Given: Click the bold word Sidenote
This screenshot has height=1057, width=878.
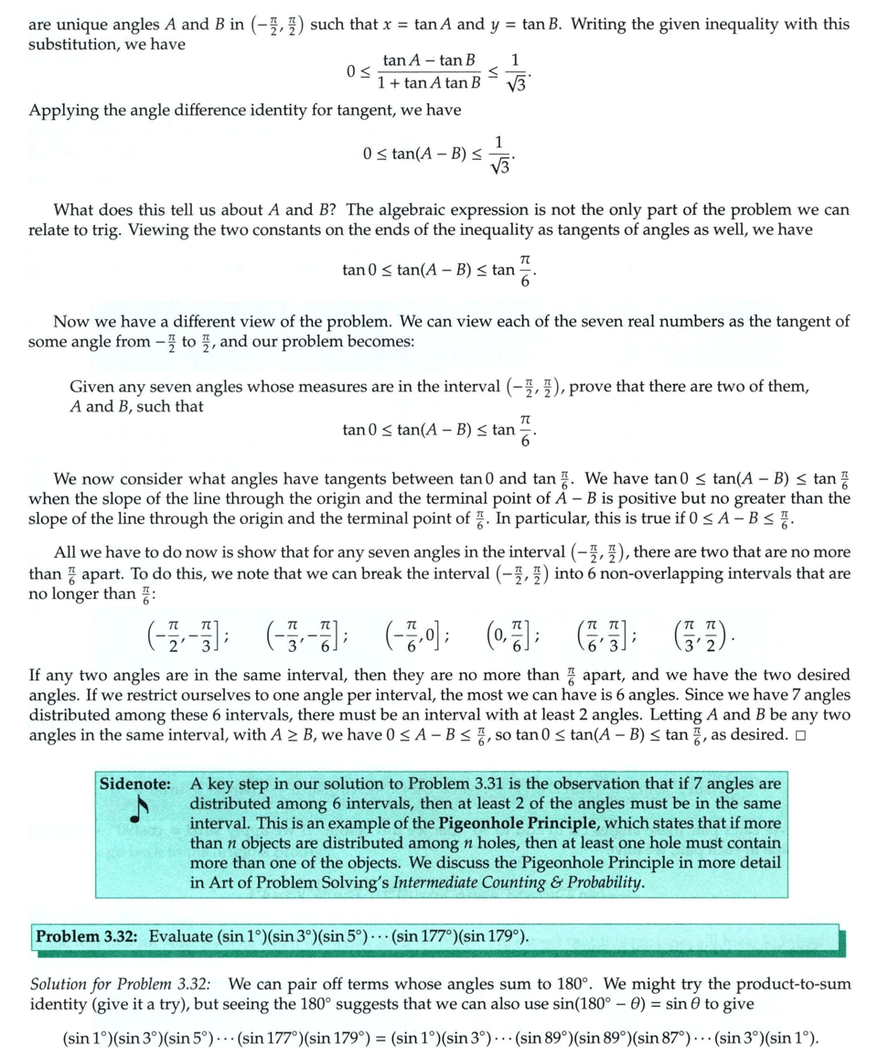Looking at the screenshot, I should tap(138, 784).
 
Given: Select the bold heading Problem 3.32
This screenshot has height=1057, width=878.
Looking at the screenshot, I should tap(87, 936).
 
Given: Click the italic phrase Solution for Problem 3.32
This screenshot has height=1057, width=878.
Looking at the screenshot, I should tap(121, 984).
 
